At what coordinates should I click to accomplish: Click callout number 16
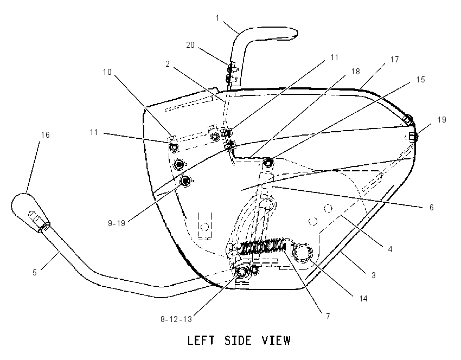point(45,135)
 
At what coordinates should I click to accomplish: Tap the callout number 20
point(190,45)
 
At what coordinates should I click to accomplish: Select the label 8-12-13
point(176,319)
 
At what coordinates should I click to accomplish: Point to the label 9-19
point(117,223)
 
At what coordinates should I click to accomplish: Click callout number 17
point(394,59)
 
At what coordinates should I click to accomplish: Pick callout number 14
point(363,299)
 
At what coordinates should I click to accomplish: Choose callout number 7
point(328,317)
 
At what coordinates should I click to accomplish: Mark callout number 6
point(431,208)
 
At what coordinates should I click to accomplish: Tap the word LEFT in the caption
point(201,340)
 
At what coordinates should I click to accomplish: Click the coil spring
point(263,245)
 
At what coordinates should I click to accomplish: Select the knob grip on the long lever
point(29,212)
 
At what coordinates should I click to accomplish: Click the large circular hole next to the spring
point(302,253)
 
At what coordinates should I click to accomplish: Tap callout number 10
point(107,72)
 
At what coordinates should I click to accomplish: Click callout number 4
point(390,249)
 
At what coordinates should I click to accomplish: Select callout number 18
point(355,72)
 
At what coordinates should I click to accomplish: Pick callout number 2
point(168,64)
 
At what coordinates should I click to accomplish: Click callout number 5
point(34,272)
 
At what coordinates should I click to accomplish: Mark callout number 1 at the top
point(217,18)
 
